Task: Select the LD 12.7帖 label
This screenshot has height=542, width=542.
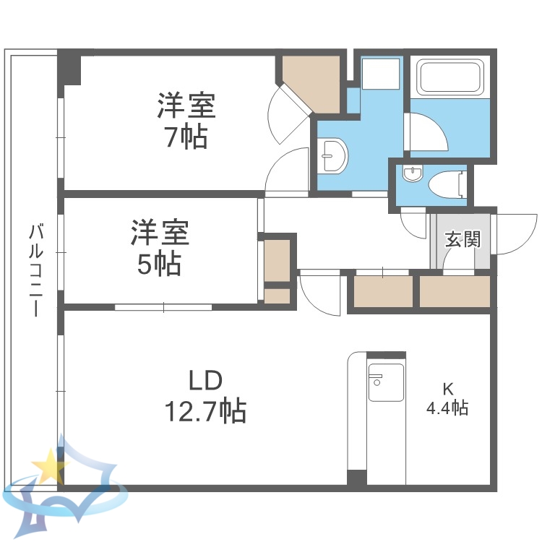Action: coord(205,397)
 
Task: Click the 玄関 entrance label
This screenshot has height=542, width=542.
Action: coord(462,239)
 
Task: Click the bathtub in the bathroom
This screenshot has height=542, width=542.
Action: coord(449,77)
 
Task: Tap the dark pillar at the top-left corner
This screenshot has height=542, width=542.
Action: coord(69,66)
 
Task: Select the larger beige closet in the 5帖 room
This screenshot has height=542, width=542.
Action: coord(277,259)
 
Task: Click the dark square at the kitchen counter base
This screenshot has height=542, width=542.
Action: coord(356,478)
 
